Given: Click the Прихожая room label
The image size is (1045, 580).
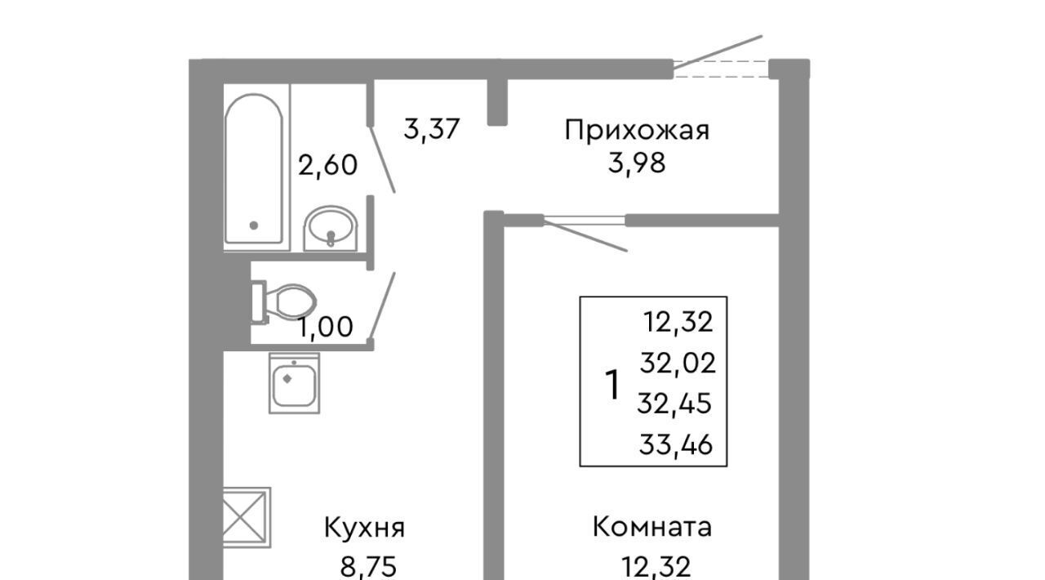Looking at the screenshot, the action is point(637,130).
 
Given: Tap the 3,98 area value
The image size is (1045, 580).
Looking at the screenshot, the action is point(637,163).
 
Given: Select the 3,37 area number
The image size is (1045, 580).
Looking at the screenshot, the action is point(432,129).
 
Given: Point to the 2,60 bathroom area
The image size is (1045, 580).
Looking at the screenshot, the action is point(327,165).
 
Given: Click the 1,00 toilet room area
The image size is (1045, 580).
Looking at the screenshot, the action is point(326,327).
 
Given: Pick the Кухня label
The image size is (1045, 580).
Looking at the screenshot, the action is point(364,529).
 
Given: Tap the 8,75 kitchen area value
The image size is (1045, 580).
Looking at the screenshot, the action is point(368,567).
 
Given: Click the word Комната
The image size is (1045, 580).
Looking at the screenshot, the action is point(652,527).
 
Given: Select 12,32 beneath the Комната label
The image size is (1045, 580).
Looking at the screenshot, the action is point(656,567).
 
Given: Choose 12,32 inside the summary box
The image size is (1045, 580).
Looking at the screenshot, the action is point(678,322).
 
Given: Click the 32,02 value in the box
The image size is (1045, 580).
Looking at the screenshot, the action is point(678,364).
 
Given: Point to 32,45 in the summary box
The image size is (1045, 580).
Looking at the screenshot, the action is point(674,404).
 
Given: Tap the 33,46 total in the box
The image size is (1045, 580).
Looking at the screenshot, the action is point(675,444).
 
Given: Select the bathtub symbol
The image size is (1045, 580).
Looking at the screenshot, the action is point(254,168).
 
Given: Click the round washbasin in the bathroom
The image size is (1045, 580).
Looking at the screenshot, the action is point(331,228).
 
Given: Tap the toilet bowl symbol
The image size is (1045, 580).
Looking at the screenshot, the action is point(283,302).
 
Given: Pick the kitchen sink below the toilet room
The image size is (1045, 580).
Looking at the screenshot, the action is point(295,383).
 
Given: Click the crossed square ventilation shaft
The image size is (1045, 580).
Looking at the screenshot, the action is point(247,517).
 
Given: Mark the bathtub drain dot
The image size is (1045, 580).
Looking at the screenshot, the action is point(254,225).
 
